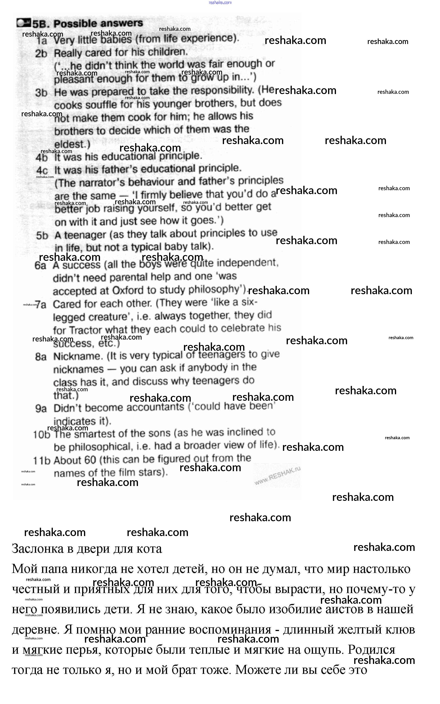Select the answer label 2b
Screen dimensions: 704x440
41,54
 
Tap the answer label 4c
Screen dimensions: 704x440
42,170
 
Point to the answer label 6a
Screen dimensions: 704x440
40,265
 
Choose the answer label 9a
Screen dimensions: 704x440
41,409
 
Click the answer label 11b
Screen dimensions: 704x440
42,461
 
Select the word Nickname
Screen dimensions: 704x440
78,356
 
